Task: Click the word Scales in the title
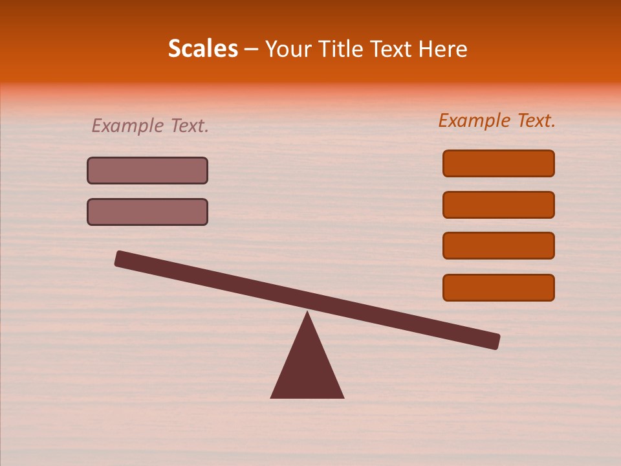[202, 49]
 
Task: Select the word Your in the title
[285, 49]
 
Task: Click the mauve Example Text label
[150, 126]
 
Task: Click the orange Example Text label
[497, 120]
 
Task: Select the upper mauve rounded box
[147, 170]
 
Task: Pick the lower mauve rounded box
[147, 212]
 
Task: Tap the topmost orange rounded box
[498, 163]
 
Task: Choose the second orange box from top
[498, 205]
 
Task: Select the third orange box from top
[498, 245]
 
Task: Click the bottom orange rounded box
[498, 287]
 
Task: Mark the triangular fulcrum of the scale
[307, 369]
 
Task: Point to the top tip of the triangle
[307, 313]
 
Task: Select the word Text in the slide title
[388, 49]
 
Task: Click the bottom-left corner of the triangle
[272, 397]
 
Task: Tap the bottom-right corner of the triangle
[343, 397]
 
